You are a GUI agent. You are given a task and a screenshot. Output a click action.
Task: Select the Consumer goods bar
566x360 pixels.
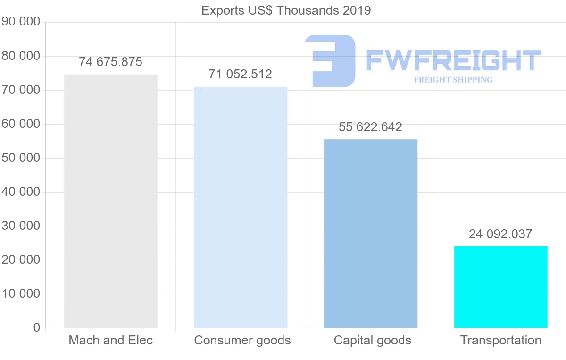point(241,207)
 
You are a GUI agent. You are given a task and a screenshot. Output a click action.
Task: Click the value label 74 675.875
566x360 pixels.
point(110,62)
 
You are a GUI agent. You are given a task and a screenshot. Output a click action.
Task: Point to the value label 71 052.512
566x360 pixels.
point(241,74)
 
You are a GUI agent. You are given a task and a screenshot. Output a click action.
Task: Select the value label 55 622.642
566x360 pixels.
point(371,127)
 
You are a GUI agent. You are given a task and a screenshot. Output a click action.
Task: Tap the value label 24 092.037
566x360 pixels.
point(501,234)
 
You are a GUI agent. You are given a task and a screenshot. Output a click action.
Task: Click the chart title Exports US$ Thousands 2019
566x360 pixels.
point(286,10)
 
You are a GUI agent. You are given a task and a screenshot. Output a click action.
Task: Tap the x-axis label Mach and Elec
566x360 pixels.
point(110,340)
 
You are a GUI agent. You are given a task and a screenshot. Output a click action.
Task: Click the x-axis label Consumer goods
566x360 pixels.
point(242,340)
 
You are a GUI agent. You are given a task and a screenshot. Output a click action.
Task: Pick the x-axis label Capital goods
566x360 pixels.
point(373,340)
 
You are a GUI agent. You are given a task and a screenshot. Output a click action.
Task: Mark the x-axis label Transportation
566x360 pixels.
point(501,340)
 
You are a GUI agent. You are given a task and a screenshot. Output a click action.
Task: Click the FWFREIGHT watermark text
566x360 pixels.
point(453,61)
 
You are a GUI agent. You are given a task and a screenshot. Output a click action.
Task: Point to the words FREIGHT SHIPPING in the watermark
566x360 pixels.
point(453,80)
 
